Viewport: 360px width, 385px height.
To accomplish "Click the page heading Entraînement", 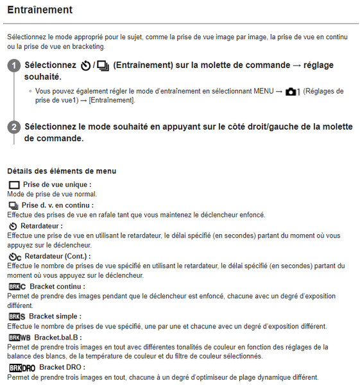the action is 39,10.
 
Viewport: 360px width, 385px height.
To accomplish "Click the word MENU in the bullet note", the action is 258,91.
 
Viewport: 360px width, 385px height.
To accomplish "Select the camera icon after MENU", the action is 293,91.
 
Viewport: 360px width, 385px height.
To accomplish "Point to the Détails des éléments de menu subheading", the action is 62,171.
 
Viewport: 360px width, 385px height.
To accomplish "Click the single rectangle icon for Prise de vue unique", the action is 14,185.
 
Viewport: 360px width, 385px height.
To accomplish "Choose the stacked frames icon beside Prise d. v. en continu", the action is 13,205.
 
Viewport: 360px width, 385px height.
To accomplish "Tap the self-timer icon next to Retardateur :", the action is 13,227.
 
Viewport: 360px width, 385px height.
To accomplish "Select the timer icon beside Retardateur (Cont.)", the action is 15,257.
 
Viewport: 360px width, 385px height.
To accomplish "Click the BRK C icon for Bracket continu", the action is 17,286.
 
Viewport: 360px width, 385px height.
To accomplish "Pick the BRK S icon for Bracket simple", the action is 17,316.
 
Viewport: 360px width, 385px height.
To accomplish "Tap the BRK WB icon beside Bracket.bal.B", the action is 20,338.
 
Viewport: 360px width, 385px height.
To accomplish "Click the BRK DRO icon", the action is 22,368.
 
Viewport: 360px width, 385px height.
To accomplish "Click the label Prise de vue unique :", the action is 56,185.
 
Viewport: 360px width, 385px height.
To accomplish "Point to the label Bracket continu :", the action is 57,286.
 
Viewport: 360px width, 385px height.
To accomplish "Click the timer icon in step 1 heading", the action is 85,66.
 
